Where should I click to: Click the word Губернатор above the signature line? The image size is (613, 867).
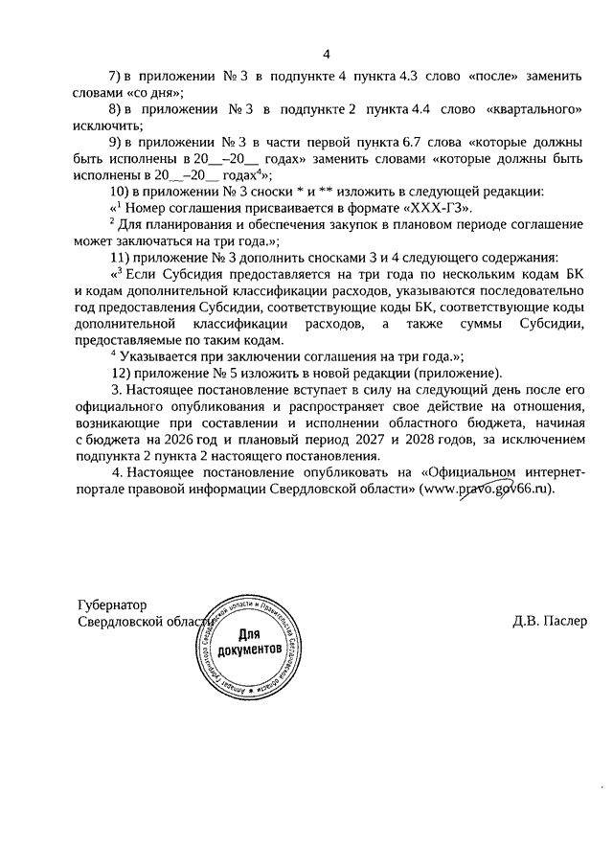114,605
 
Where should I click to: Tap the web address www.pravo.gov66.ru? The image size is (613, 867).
488,490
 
